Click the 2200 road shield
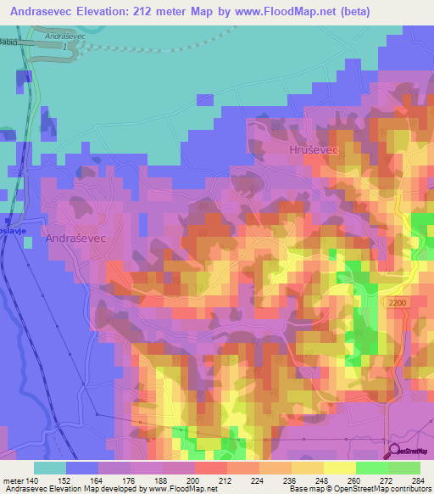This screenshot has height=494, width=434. click(x=398, y=302)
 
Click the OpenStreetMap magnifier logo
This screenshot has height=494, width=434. click(x=394, y=450)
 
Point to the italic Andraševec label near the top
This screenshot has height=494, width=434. click(x=65, y=37)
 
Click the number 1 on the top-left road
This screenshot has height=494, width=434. click(x=64, y=47)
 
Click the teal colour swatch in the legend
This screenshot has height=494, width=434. click(x=49, y=468)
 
